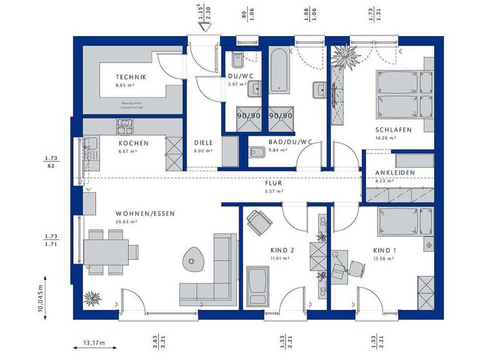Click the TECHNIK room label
pyautogui.click(x=131, y=77)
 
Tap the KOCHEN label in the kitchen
pyautogui.click(x=133, y=143)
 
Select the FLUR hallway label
pyautogui.click(x=273, y=183)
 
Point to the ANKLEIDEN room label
pyautogui.click(x=395, y=173)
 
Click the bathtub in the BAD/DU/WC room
pyautogui.click(x=279, y=76)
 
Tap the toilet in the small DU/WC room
pyautogui.click(x=236, y=61)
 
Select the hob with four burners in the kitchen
pyautogui.click(x=123, y=123)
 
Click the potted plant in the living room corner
pyautogui.click(x=93, y=298)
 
